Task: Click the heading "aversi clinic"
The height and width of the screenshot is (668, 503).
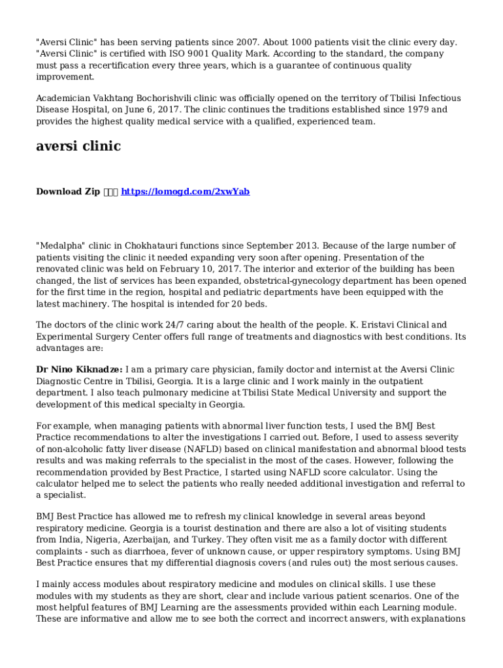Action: click(x=78, y=146)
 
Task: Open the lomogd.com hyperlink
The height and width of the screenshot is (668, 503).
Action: click(x=186, y=192)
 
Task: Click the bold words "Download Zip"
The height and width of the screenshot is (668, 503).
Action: click(x=68, y=192)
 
